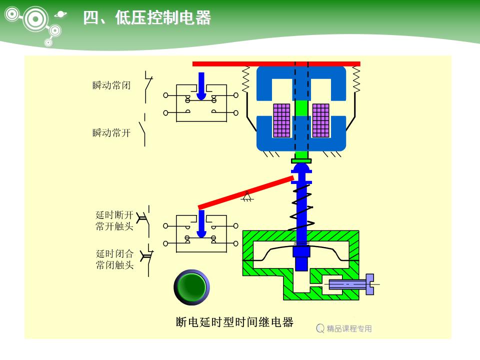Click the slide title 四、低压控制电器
(146, 18)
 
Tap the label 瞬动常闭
(111, 85)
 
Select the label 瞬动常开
(111, 132)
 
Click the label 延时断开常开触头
(114, 220)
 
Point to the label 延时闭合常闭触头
(114, 259)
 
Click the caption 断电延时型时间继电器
(234, 322)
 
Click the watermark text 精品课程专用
(349, 328)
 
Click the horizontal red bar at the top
(276, 63)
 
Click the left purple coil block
(281, 120)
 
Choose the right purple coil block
(320, 120)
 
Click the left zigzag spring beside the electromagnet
(245, 79)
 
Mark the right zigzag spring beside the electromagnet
(356, 79)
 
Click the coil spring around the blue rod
(302, 207)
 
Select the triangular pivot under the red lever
(246, 197)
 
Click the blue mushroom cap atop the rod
(301, 169)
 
